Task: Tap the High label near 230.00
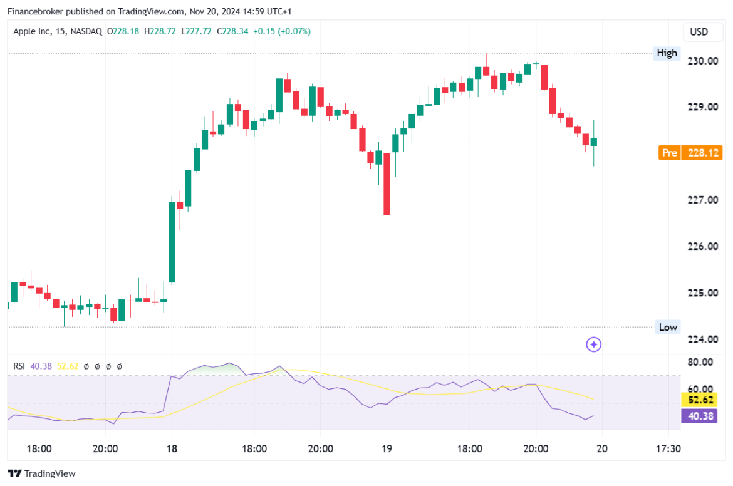[667, 53]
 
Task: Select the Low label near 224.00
[668, 327]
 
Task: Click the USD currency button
[699, 32]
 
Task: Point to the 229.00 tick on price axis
[702, 107]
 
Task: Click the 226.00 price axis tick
[702, 246]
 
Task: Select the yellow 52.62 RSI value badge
[700, 400]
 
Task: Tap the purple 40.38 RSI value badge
[700, 416]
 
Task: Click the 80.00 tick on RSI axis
[699, 362]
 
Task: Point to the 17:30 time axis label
[668, 448]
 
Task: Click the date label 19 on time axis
[387, 448]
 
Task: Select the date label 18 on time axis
[172, 448]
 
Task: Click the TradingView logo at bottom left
[41, 473]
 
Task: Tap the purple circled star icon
[593, 344]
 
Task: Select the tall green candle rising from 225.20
[172, 242]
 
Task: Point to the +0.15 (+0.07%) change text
[281, 31]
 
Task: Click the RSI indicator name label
[19, 366]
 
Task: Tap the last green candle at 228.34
[594, 142]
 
